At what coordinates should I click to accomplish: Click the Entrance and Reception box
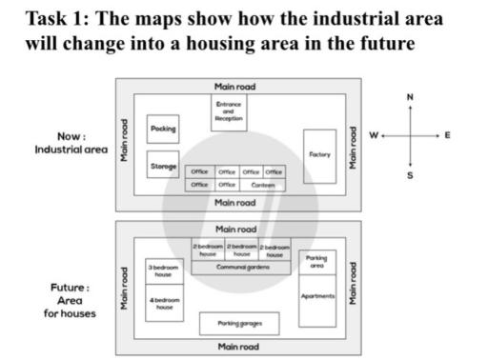pyautogui.click(x=230, y=112)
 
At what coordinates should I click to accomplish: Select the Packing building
pyautogui.click(x=163, y=128)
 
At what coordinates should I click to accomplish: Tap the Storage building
pyautogui.click(x=163, y=167)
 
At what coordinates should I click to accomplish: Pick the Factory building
pyautogui.click(x=319, y=154)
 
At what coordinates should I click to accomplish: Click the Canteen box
pyautogui.click(x=263, y=185)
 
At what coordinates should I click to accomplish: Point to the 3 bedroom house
pyautogui.click(x=163, y=271)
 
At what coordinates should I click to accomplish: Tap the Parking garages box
pyautogui.click(x=239, y=324)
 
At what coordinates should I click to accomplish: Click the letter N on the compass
pyautogui.click(x=410, y=97)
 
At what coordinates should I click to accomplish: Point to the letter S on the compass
pyautogui.click(x=410, y=175)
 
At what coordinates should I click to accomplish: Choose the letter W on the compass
pyautogui.click(x=374, y=136)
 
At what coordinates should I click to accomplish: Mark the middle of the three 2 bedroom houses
pyautogui.click(x=242, y=250)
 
